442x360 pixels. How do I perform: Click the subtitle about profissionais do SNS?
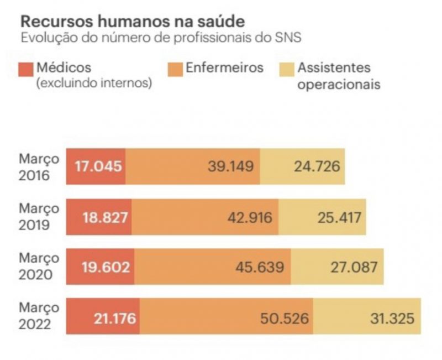click(160, 38)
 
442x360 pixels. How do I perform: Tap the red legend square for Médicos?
click(26, 69)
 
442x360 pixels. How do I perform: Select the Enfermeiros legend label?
click(224, 68)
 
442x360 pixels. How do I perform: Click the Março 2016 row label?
click(39, 166)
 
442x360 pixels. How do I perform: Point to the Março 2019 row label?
click(39, 217)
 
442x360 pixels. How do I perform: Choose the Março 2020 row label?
click(39, 267)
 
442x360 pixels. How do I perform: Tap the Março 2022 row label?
click(39, 316)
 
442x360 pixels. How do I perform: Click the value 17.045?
click(98, 166)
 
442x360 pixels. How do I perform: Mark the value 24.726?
click(316, 166)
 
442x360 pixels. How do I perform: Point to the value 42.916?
click(250, 217)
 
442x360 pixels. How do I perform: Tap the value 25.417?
click(339, 217)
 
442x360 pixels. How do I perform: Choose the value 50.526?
click(285, 317)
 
